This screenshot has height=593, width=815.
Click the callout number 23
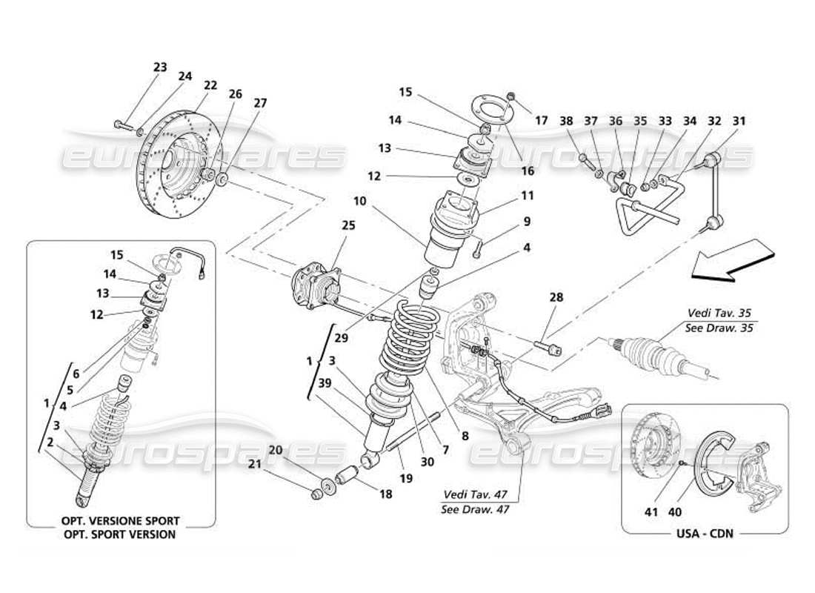pyautogui.click(x=160, y=67)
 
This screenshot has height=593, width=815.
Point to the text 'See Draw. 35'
pyautogui.click(x=720, y=327)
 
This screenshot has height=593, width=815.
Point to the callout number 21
pyautogui.click(x=276, y=464)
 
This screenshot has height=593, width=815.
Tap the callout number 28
pyautogui.click(x=556, y=297)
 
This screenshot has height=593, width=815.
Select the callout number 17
pyautogui.click(x=542, y=119)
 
